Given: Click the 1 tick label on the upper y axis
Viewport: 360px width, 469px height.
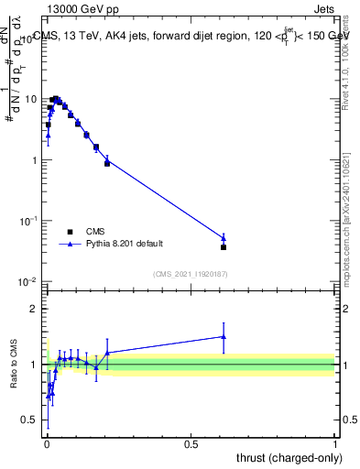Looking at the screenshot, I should point(36,160).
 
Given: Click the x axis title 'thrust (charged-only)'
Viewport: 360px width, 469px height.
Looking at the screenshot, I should point(285,458).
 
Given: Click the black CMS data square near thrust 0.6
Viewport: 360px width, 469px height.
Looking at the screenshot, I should point(224,247).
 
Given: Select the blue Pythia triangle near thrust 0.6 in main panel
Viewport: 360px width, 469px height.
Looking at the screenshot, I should point(224,238).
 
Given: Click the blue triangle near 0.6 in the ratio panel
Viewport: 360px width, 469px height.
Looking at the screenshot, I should point(224,336).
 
